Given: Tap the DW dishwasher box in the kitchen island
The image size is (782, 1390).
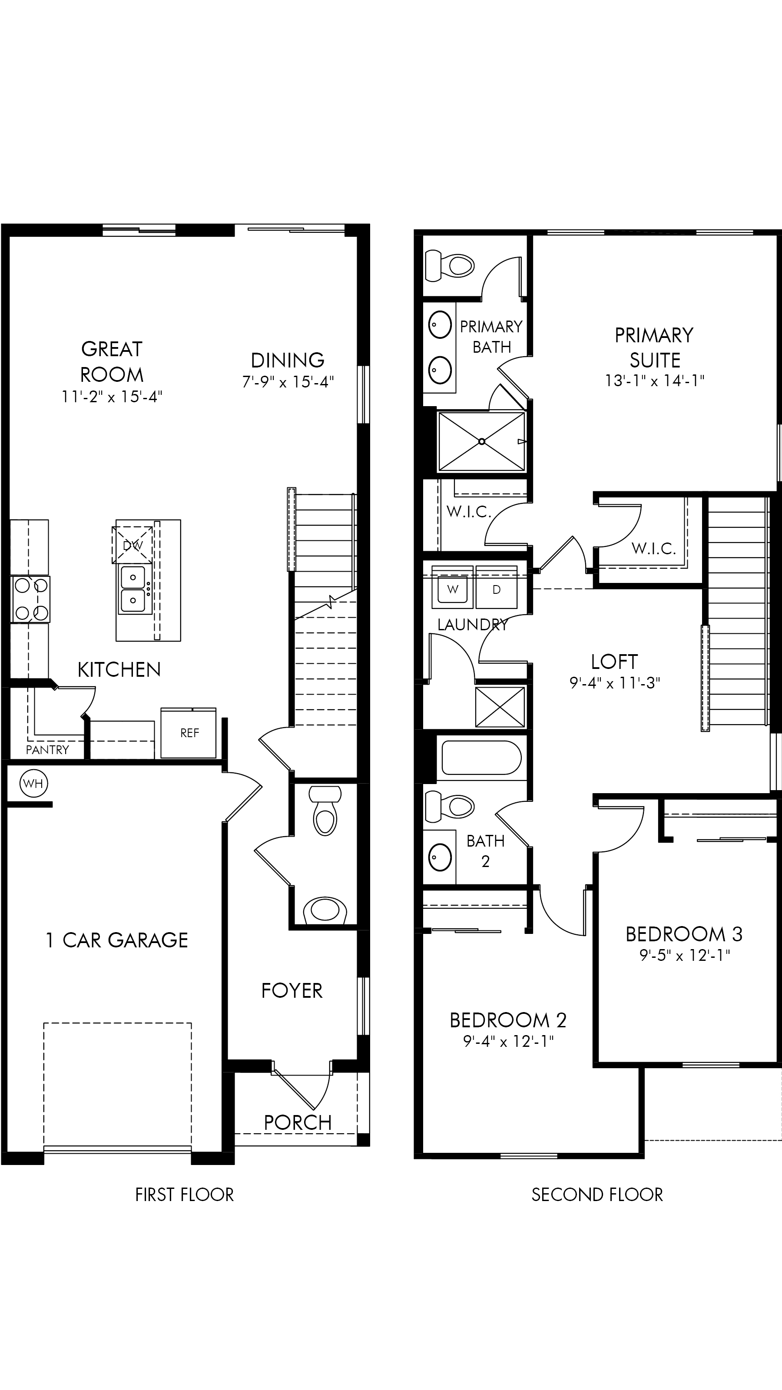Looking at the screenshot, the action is coord(132,545).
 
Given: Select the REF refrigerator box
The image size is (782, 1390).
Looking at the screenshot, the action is coord(189,733).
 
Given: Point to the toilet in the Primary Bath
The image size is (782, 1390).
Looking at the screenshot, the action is coord(450,265).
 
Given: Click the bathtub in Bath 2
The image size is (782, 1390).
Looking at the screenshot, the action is coord(481,758).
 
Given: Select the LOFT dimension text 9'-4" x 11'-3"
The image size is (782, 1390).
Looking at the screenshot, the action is coord(615,683).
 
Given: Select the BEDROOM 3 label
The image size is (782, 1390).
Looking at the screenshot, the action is coord(684,934).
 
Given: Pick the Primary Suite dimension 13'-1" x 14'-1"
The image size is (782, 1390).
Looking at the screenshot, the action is coord(655,381).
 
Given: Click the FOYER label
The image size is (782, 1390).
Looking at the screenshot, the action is coord(292,991).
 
